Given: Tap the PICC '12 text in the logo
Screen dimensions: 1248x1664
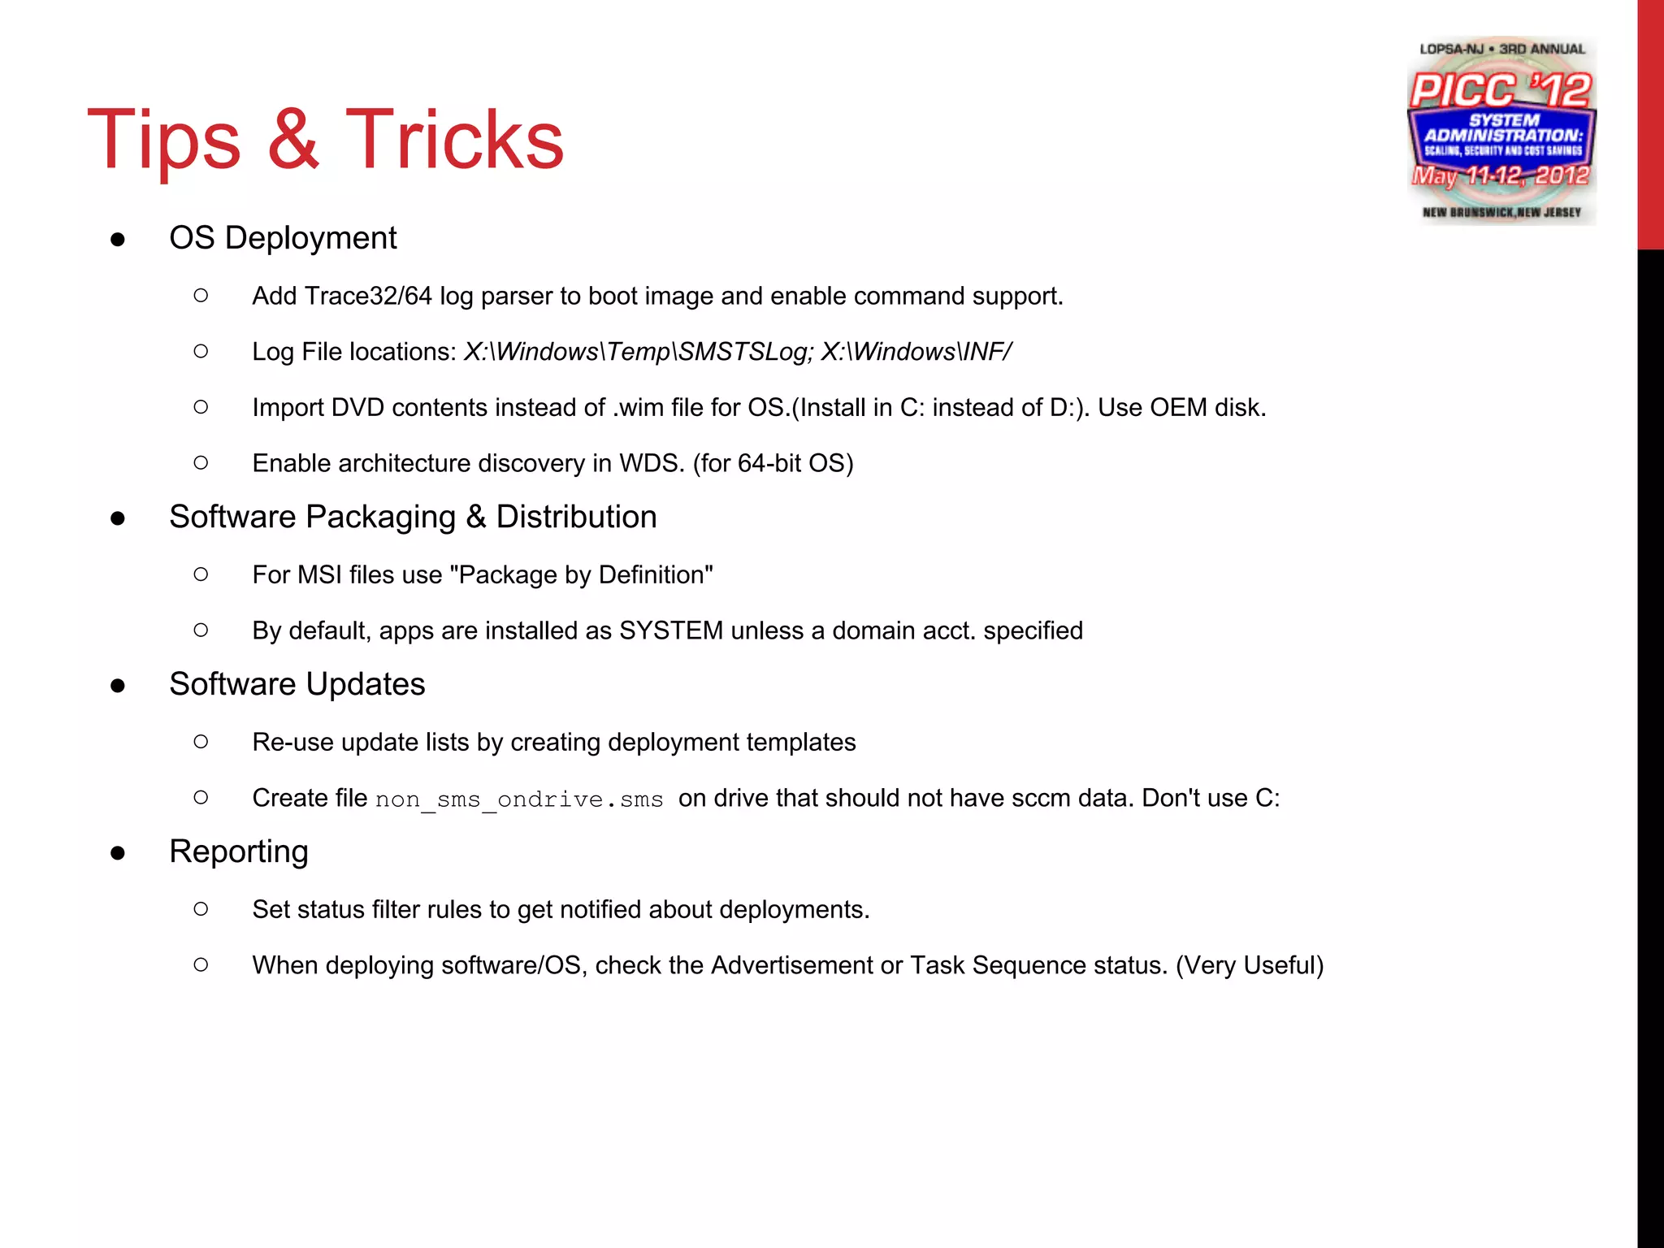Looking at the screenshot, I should click(1500, 89).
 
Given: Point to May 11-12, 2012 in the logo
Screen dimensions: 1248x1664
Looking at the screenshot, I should click(1500, 175).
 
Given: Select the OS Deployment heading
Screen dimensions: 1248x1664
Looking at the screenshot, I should click(282, 238).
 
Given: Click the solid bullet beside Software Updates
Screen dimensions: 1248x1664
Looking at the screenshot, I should click(118, 686).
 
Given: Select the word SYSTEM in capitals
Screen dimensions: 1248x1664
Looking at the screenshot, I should click(671, 630).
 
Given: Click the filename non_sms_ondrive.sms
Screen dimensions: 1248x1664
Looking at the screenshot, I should click(519, 799).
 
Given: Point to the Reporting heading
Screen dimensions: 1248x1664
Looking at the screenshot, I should click(238, 851).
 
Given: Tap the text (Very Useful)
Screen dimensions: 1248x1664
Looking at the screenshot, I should click(1250, 965).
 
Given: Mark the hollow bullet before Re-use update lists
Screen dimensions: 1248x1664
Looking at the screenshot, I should click(201, 742).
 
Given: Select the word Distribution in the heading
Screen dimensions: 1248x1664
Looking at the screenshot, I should click(576, 517).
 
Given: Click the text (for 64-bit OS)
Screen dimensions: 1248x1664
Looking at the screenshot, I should click(773, 463).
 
